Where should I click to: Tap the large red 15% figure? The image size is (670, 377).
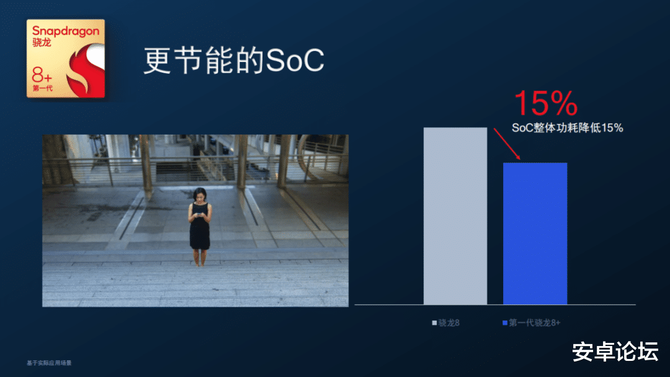[546, 104]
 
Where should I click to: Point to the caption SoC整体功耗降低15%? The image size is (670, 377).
[567, 128]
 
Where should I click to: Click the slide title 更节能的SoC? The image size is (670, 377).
[234, 61]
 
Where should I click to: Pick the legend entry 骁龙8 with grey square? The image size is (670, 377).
[446, 322]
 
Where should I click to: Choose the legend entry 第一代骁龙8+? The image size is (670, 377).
[531, 322]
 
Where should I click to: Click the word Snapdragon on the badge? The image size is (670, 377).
[65, 30]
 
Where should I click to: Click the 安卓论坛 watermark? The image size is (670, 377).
[614, 352]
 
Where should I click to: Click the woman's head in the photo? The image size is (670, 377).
[200, 194]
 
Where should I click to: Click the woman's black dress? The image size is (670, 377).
[200, 233]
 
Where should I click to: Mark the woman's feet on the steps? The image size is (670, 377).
[199, 263]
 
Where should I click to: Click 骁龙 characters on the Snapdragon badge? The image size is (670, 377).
[42, 43]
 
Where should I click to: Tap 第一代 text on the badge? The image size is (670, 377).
[43, 89]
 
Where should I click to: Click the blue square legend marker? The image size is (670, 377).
[505, 322]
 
